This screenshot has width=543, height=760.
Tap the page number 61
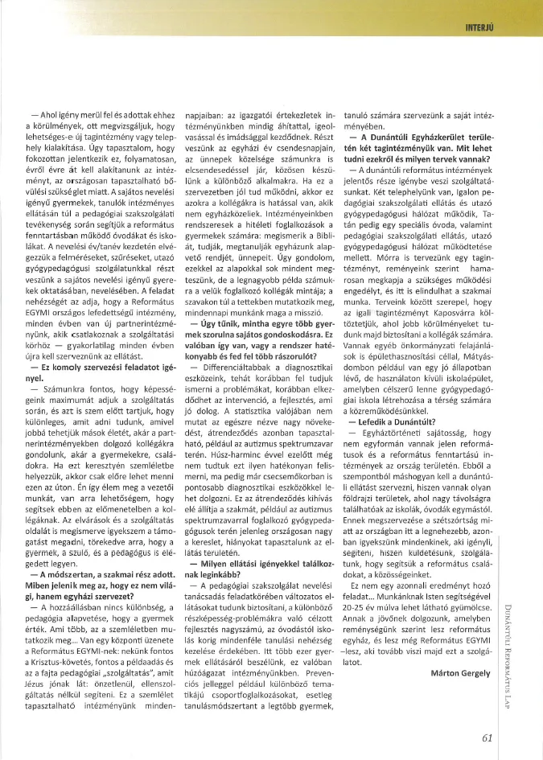487,737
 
